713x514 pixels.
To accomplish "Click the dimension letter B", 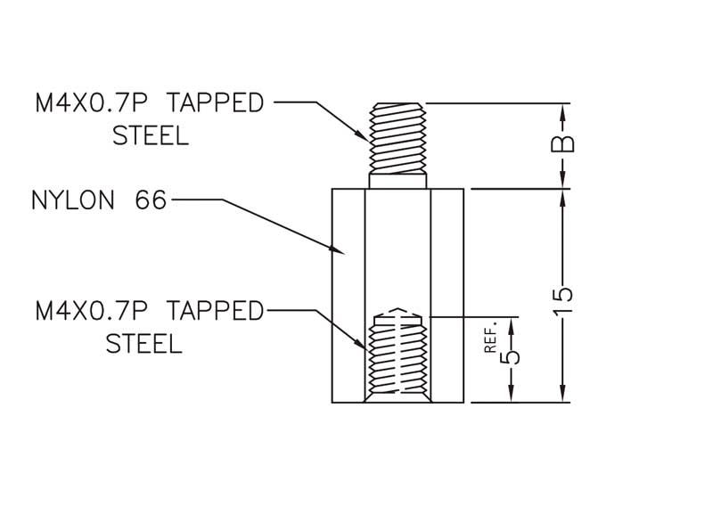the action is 562,144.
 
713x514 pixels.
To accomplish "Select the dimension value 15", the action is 562,299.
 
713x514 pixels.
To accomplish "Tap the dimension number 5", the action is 510,356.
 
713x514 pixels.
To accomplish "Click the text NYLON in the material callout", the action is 73,200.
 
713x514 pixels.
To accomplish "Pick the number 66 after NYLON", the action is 151,200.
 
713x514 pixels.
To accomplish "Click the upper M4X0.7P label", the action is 92,103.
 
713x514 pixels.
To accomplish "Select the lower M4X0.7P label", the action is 92,311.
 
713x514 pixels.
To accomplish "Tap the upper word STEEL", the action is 151,135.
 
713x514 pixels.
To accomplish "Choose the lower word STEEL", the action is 144,343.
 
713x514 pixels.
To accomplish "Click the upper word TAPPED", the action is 215,103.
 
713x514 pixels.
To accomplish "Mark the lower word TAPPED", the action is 215,311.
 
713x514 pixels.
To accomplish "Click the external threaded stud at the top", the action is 397,138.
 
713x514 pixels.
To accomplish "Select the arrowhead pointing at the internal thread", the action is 361,344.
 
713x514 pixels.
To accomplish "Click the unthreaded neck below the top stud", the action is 397,181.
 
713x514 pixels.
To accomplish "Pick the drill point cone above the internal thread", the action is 398,312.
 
